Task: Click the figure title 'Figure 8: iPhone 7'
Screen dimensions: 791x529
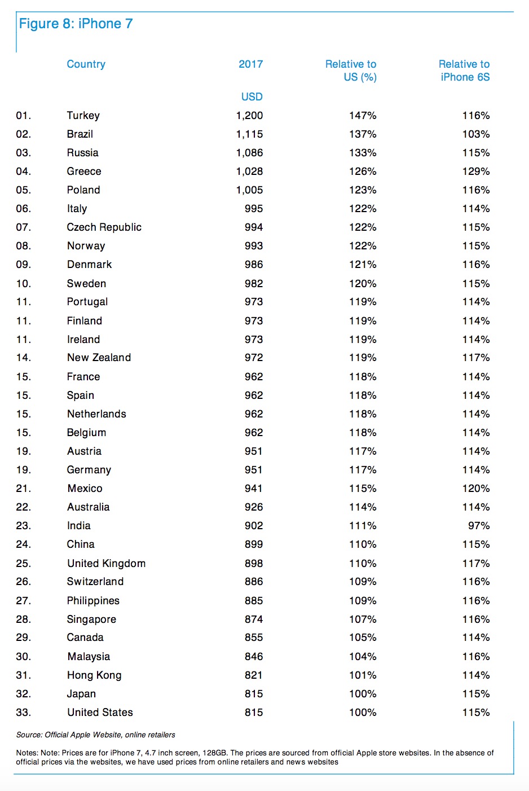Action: point(76,24)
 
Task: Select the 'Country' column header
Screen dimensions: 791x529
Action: point(86,64)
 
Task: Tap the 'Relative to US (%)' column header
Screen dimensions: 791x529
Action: point(351,71)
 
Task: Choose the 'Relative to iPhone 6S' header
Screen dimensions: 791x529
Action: point(464,71)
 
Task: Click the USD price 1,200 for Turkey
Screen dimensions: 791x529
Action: point(249,116)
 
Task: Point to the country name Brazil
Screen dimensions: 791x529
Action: point(80,134)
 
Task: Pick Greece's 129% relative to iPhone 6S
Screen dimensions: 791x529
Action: point(476,172)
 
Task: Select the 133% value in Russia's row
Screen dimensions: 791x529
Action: point(363,153)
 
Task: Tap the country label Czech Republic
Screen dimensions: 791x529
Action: point(104,227)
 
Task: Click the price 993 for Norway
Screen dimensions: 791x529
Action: point(254,246)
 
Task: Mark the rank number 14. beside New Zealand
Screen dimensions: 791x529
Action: point(24,358)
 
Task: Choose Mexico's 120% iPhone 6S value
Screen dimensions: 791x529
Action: point(476,489)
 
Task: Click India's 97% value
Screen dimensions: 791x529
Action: point(479,526)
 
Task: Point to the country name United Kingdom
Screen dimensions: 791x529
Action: point(106,564)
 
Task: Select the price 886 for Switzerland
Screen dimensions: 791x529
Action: point(254,582)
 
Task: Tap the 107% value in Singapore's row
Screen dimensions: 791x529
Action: point(363,619)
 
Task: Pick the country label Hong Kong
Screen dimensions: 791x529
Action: point(94,675)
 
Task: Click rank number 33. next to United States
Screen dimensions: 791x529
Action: point(24,713)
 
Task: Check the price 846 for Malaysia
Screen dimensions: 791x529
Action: point(254,657)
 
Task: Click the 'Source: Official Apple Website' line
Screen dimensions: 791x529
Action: point(96,735)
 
